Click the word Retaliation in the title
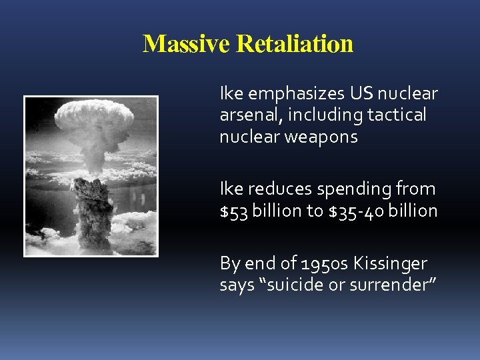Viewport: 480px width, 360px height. click(295, 44)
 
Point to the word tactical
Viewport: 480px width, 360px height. click(396, 115)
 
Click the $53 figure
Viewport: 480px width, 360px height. click(232, 211)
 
